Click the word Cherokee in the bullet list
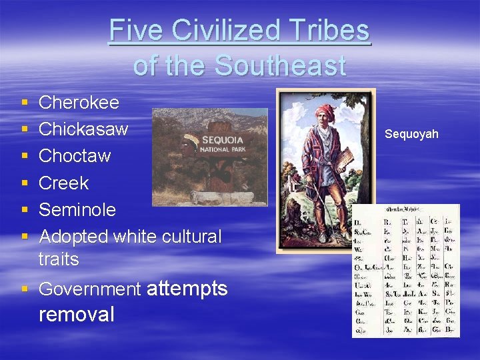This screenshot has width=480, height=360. coord(79,103)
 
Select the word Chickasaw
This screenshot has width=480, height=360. coord(83,129)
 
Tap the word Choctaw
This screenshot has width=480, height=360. coord(75,156)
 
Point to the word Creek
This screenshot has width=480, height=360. coord(63,183)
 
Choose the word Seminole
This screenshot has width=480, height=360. coord(77,209)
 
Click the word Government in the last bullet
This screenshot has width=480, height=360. coord(90,289)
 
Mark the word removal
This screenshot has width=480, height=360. coord(77,314)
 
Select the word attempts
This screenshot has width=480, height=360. coord(187,289)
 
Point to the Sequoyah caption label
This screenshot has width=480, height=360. coord(411,135)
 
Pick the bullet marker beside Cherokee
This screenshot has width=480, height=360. coord(25,103)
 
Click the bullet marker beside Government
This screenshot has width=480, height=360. coord(25,290)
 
